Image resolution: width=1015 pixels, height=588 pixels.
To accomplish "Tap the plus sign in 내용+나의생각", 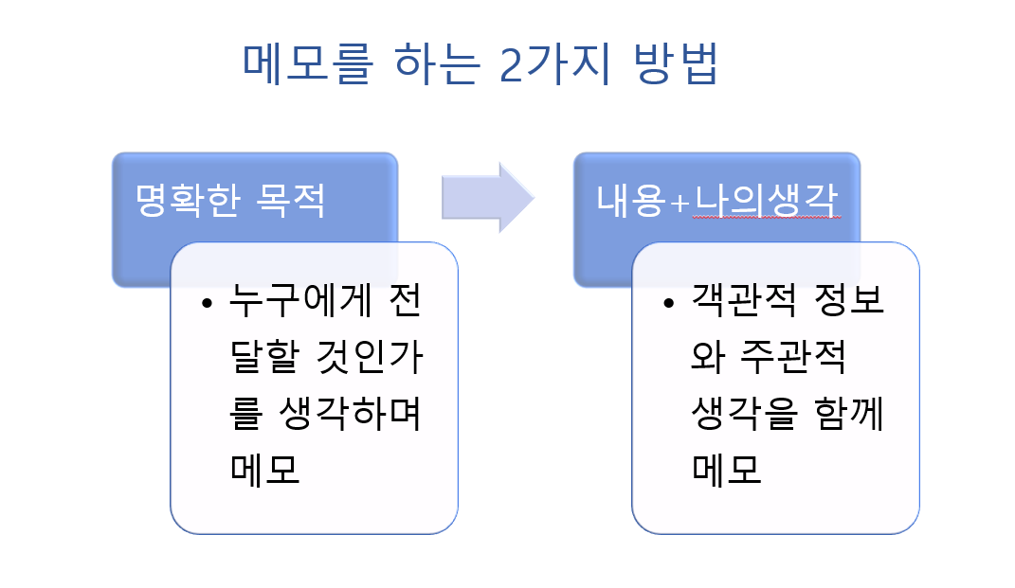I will [x=678, y=201].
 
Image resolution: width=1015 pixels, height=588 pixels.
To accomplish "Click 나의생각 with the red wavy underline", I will [x=767, y=200].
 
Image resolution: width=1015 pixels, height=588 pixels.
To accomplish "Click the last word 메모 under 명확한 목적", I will [x=265, y=468].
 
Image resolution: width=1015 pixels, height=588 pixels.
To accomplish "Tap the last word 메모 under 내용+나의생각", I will [x=728, y=468].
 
